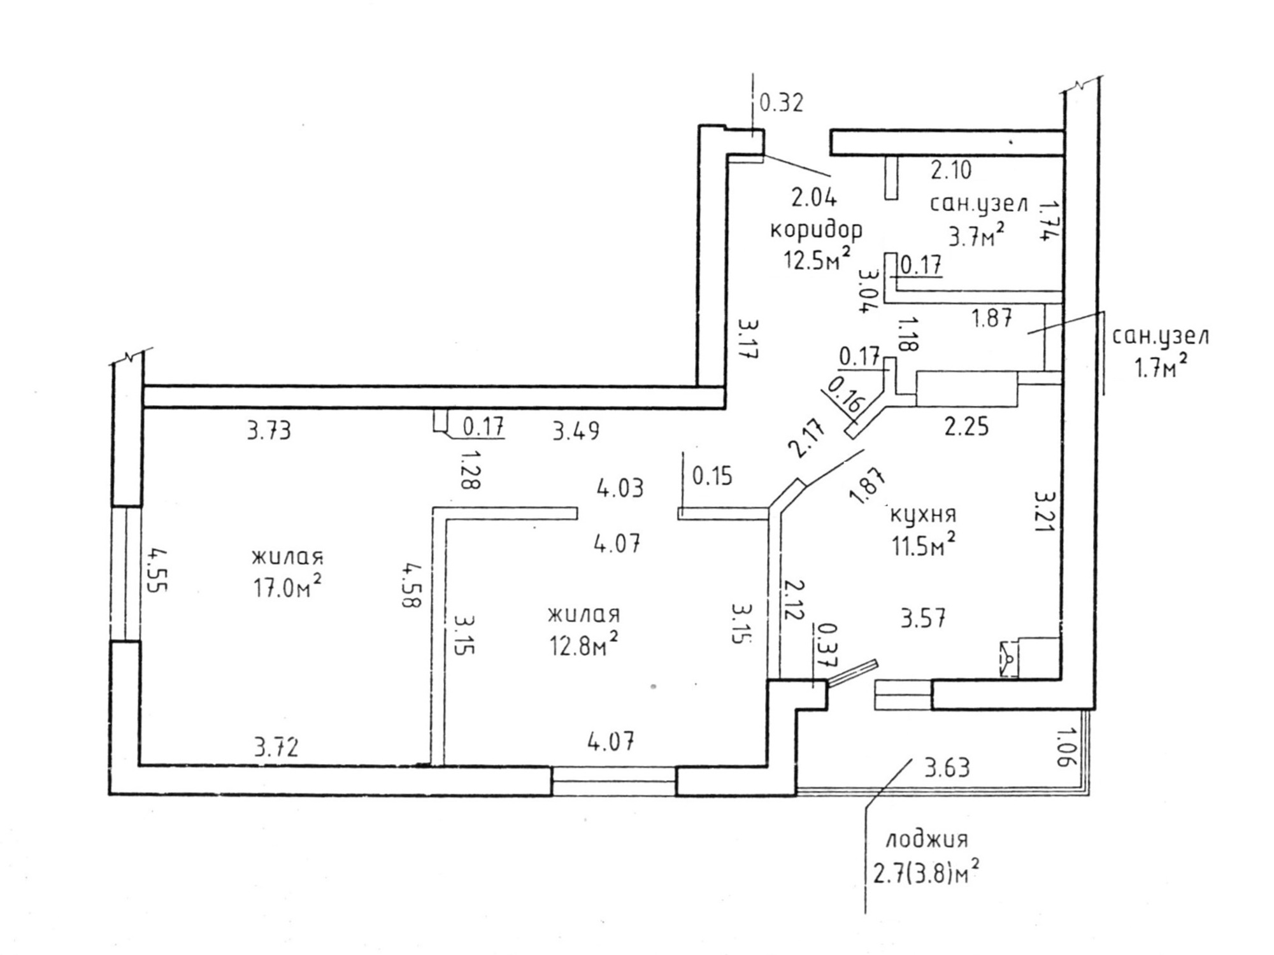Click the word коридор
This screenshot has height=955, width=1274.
pyautogui.click(x=816, y=229)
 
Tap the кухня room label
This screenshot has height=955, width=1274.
pyautogui.click(x=923, y=514)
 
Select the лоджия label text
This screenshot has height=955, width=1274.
pyautogui.click(x=927, y=839)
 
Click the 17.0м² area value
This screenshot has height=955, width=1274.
pyautogui.click(x=287, y=588)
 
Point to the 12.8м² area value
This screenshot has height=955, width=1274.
pyautogui.click(x=583, y=646)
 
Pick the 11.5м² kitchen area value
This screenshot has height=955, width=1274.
pyautogui.click(x=924, y=546)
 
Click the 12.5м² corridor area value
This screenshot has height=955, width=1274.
pyautogui.click(x=817, y=259)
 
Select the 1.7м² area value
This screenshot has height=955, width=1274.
pyautogui.click(x=1160, y=367)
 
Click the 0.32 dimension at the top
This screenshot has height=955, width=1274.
pyautogui.click(x=782, y=103)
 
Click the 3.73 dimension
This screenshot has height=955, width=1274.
pyautogui.click(x=269, y=431)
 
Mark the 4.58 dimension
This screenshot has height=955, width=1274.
pyautogui.click(x=411, y=584)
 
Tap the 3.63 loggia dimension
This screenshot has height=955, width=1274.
pyautogui.click(x=947, y=768)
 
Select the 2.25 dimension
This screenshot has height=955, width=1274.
pyautogui.click(x=966, y=427)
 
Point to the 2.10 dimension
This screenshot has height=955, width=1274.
pyautogui.click(x=951, y=171)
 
